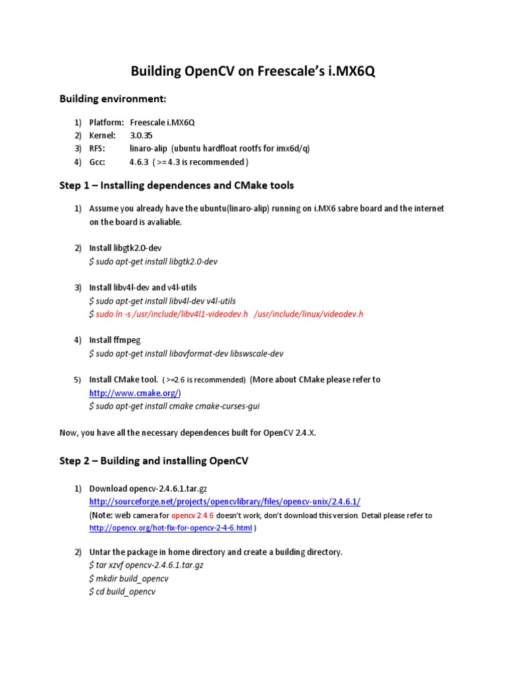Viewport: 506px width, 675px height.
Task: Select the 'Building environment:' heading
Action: (x=113, y=99)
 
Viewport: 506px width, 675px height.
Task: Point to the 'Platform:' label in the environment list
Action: (x=107, y=123)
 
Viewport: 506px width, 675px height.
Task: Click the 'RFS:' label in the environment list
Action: (x=98, y=148)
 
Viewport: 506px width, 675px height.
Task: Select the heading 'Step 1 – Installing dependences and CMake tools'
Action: (x=177, y=185)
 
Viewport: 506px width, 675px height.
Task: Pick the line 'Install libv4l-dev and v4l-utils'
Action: (x=143, y=287)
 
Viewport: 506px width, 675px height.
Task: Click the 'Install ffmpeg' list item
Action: (x=115, y=340)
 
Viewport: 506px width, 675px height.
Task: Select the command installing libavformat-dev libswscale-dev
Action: (x=186, y=353)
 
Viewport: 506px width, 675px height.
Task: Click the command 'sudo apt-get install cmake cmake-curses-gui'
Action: (x=174, y=406)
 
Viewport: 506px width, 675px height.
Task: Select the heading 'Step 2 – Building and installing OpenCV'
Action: (x=154, y=461)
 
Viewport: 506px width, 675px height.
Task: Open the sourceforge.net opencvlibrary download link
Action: (x=225, y=502)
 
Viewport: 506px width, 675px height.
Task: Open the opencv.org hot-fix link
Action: (x=171, y=529)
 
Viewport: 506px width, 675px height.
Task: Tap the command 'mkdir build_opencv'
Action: (x=128, y=578)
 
